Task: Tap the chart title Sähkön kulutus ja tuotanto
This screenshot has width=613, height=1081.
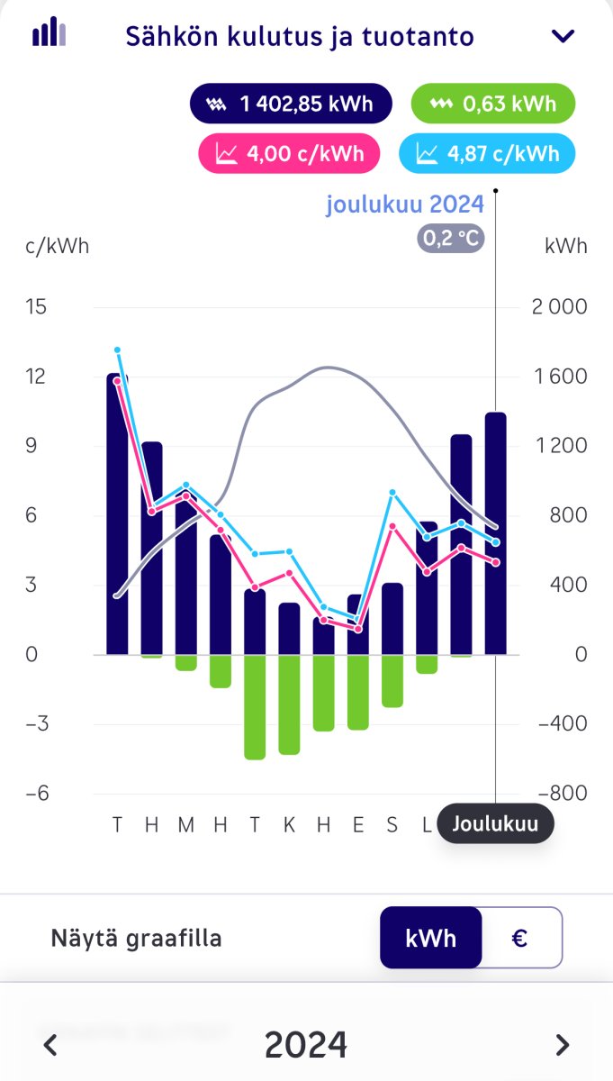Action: pyautogui.click(x=299, y=37)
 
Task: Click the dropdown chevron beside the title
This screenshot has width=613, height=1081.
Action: pyautogui.click(x=563, y=36)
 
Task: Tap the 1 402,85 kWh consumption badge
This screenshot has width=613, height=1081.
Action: pyautogui.click(x=290, y=104)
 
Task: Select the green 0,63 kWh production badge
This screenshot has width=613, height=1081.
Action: pyautogui.click(x=492, y=104)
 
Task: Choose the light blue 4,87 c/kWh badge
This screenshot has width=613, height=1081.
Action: pyautogui.click(x=487, y=153)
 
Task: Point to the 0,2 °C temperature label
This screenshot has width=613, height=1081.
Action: pyautogui.click(x=450, y=239)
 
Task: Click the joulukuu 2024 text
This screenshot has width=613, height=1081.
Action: pyautogui.click(x=405, y=204)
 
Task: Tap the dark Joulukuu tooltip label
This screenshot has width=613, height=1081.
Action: pyautogui.click(x=494, y=823)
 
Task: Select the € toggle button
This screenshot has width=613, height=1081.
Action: pyautogui.click(x=520, y=938)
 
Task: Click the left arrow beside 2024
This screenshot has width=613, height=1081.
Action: pyautogui.click(x=51, y=1045)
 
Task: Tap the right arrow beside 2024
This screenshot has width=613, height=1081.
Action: pyautogui.click(x=563, y=1045)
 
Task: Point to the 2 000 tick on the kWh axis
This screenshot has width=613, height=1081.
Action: pyautogui.click(x=559, y=307)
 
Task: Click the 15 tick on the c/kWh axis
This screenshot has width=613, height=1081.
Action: pyautogui.click(x=36, y=307)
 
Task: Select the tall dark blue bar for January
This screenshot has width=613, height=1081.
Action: pyautogui.click(x=117, y=513)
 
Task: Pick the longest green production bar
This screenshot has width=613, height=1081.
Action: pyautogui.click(x=255, y=707)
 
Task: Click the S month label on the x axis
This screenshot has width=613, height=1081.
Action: pyautogui.click(x=392, y=824)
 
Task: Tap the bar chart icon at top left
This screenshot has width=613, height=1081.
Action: pyautogui.click(x=49, y=32)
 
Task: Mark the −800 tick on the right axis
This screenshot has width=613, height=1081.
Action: pyautogui.click(x=559, y=794)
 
